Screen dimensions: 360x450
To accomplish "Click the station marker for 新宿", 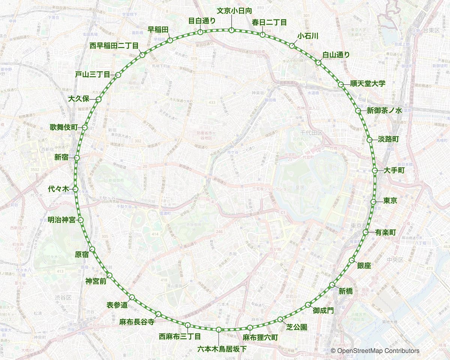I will (x=77, y=158).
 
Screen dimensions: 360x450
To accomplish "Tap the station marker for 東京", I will (x=373, y=202).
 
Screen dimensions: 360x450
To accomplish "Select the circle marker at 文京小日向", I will (x=231, y=30).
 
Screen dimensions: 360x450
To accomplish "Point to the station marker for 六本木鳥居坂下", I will (x=218, y=329).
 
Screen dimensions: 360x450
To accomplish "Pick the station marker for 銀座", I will (x=351, y=260).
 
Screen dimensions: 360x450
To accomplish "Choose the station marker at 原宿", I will (x=92, y=249).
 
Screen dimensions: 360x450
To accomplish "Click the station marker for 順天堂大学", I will (x=341, y=85).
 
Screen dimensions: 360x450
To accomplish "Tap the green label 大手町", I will (x=394, y=170).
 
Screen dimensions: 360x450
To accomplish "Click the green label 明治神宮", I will (x=61, y=220).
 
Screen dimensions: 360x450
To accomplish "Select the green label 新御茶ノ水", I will (x=384, y=111).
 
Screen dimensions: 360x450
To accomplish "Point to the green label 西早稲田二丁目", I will (x=114, y=46).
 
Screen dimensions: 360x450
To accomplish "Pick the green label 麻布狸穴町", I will (x=260, y=337).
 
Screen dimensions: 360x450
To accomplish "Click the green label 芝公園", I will (x=297, y=327).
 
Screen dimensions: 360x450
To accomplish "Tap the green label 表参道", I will (x=117, y=305).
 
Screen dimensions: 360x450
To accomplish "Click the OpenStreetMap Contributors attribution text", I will (x=375, y=351).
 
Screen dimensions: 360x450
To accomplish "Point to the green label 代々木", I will (x=58, y=189).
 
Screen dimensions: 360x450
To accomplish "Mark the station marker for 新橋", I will (x=331, y=285).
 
